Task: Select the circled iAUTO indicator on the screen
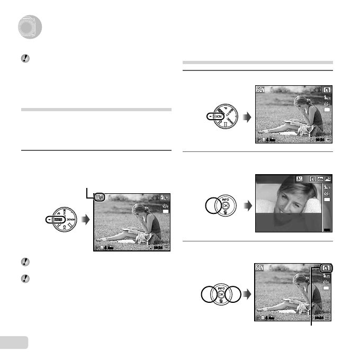(x=99, y=198)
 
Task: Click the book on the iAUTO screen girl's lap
(x=130, y=230)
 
